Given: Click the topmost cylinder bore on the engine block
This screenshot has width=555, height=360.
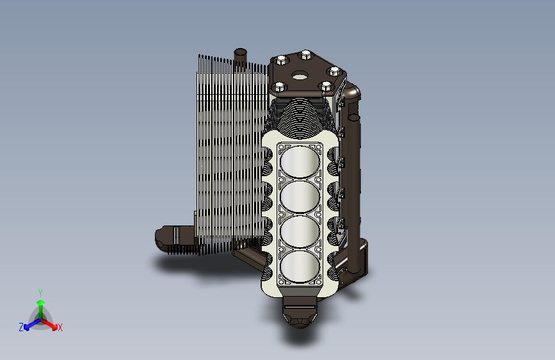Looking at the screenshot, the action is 300,161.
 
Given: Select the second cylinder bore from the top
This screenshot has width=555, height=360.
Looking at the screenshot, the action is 300,197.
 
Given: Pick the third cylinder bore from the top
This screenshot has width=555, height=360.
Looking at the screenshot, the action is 300,231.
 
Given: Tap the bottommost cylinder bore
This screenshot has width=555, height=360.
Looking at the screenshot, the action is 300,266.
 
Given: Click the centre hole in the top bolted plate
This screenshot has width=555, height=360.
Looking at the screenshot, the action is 300,76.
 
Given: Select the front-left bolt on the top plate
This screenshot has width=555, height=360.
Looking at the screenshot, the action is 279,86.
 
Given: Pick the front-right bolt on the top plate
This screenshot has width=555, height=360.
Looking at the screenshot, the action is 326,86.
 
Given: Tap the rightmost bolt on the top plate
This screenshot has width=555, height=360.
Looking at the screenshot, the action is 334,72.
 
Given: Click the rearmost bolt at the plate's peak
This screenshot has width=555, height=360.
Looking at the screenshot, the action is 305,55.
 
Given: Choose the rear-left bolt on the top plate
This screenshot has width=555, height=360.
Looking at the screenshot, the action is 282,60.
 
